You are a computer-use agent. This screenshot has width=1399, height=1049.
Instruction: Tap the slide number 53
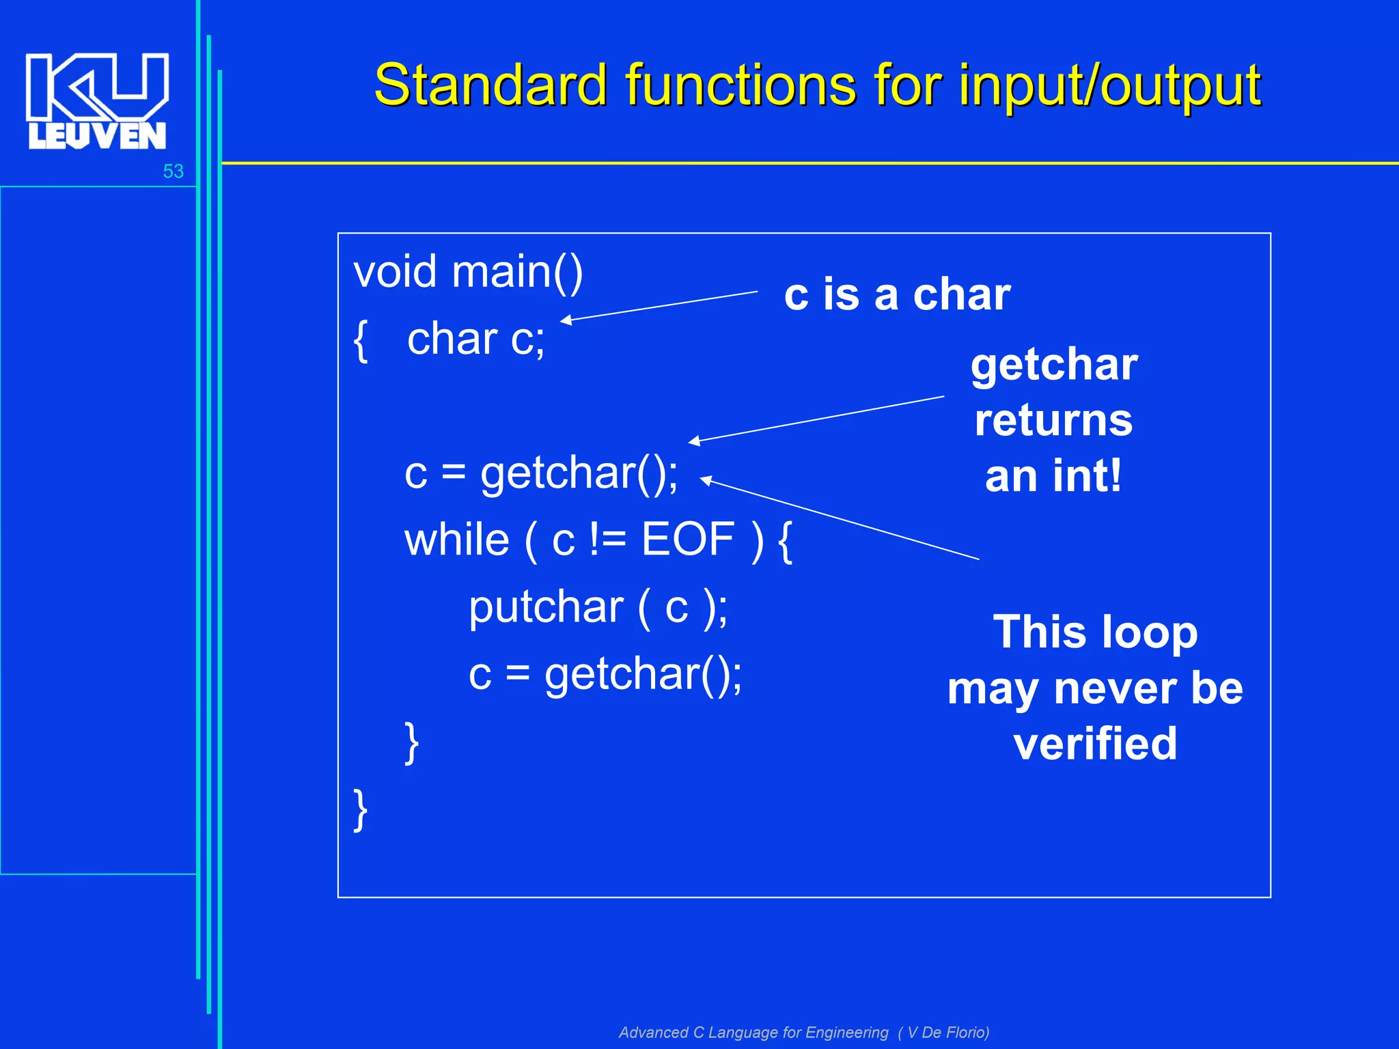173,171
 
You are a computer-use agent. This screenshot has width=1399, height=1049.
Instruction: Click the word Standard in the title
490,85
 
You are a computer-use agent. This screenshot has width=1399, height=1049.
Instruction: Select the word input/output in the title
1109,85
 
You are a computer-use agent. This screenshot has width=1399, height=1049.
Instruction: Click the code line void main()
468,272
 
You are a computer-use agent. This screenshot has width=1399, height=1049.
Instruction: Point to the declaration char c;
475,339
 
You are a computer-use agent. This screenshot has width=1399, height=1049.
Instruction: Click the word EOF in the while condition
687,540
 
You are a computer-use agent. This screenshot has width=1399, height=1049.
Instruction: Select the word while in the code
456,540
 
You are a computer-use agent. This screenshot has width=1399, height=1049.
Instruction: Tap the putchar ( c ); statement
598,607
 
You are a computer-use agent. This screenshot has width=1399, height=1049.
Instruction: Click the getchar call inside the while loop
642,675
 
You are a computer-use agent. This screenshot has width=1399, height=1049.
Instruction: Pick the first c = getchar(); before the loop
541,473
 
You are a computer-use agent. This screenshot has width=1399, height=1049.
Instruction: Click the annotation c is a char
897,295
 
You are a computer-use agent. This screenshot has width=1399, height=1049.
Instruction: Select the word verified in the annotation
1095,744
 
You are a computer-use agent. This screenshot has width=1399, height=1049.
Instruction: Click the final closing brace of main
361,810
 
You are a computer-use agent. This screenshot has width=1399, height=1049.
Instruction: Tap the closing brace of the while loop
411,743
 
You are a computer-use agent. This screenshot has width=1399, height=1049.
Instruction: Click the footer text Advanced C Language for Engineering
753,1033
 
